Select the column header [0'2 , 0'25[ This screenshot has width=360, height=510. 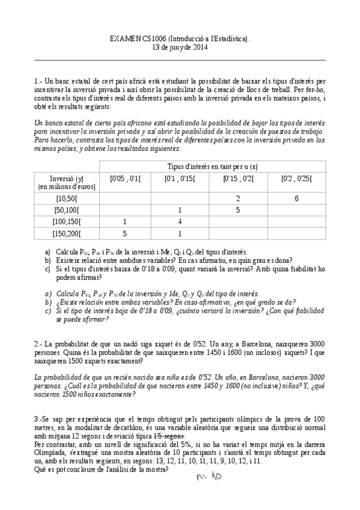point(297,179)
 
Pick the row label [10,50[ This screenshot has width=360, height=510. point(66,198)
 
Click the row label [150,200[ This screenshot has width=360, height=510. point(66,234)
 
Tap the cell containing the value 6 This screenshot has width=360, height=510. point(297,198)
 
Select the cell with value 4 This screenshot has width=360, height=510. point(180,222)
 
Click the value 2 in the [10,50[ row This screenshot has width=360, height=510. point(238,198)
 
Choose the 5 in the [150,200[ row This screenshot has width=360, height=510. point(124,234)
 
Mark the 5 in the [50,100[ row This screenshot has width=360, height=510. point(238,210)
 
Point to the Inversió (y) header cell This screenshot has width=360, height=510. point(66,182)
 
